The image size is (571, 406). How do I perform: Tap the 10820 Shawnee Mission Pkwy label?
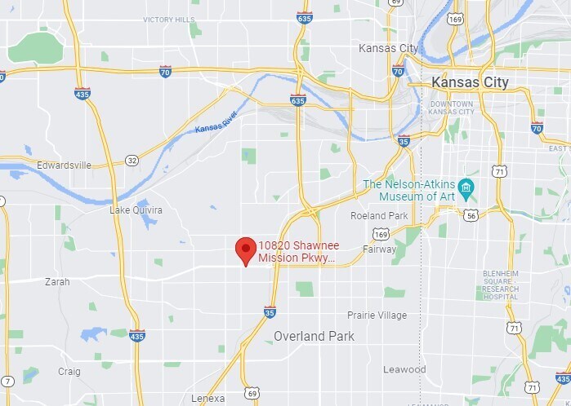coord(296,252)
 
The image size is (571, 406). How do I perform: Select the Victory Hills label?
coord(169,20)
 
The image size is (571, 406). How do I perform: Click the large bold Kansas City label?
coord(470,83)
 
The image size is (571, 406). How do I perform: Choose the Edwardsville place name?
coord(64,165)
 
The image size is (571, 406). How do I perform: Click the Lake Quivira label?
coord(136,210)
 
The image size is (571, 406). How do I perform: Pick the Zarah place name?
coord(57,282)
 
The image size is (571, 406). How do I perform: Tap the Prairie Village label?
coord(377,316)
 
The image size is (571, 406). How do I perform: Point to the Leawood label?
coord(404,369)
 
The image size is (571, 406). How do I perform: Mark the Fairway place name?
coord(380,249)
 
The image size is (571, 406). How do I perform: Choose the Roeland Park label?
coord(378,216)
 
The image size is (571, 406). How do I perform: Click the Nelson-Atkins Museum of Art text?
coord(408,190)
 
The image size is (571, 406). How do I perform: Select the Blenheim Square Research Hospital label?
coord(500,281)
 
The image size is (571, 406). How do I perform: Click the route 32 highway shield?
coord(132,161)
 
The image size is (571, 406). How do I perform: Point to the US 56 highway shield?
coord(471,215)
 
